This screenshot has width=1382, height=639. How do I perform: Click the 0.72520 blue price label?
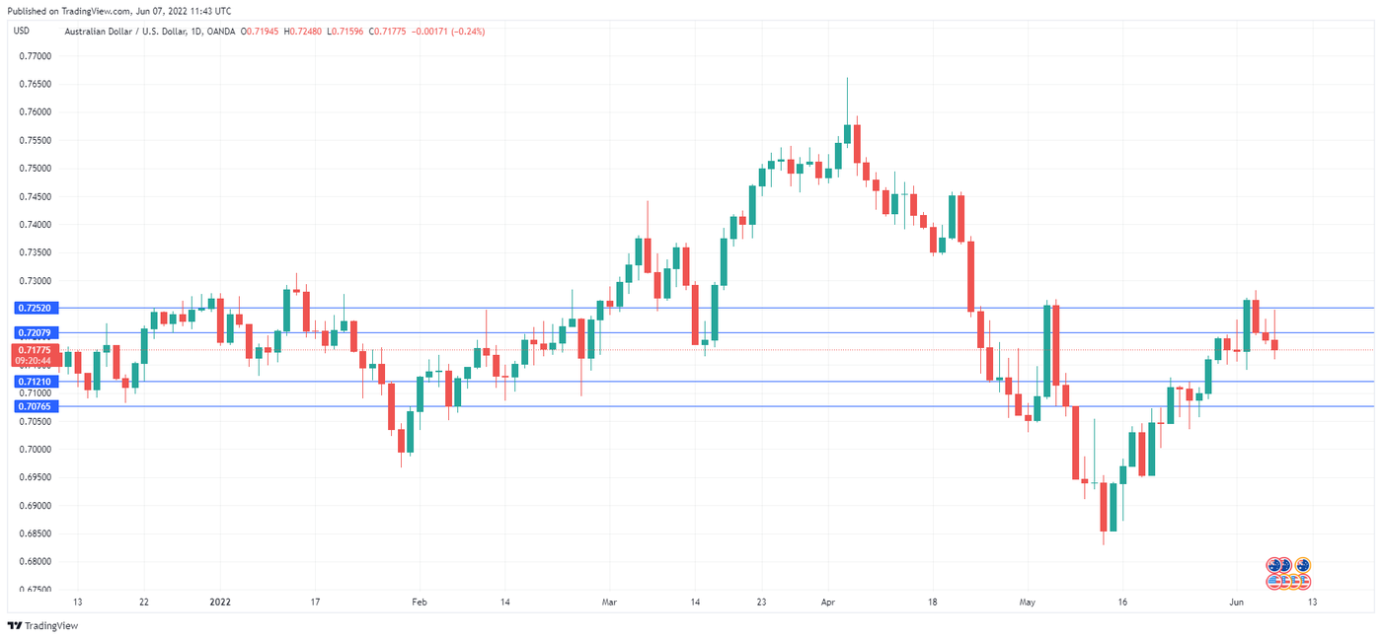tap(33, 308)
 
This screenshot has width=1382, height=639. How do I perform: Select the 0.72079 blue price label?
tap(33, 333)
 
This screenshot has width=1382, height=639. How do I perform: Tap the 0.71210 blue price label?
tap(33, 382)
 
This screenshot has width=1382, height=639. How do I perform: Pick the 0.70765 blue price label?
tap(33, 405)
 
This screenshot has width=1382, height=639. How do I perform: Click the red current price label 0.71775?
tap(34, 350)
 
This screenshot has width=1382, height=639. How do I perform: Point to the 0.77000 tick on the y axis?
tap(36, 56)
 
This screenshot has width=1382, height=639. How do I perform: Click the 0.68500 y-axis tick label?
tap(36, 533)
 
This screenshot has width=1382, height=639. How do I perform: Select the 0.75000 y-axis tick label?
tap(36, 169)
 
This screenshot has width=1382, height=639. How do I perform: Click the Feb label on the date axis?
tap(420, 602)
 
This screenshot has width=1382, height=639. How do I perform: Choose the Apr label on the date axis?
tap(827, 602)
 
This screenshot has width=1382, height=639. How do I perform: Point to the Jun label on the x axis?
tap(1235, 602)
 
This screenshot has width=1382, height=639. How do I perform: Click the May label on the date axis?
tap(1029, 602)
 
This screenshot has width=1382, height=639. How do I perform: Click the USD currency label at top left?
tap(21, 31)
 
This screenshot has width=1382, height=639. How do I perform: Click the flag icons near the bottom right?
tap(1289, 573)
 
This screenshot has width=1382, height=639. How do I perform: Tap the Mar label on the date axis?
tap(609, 602)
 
